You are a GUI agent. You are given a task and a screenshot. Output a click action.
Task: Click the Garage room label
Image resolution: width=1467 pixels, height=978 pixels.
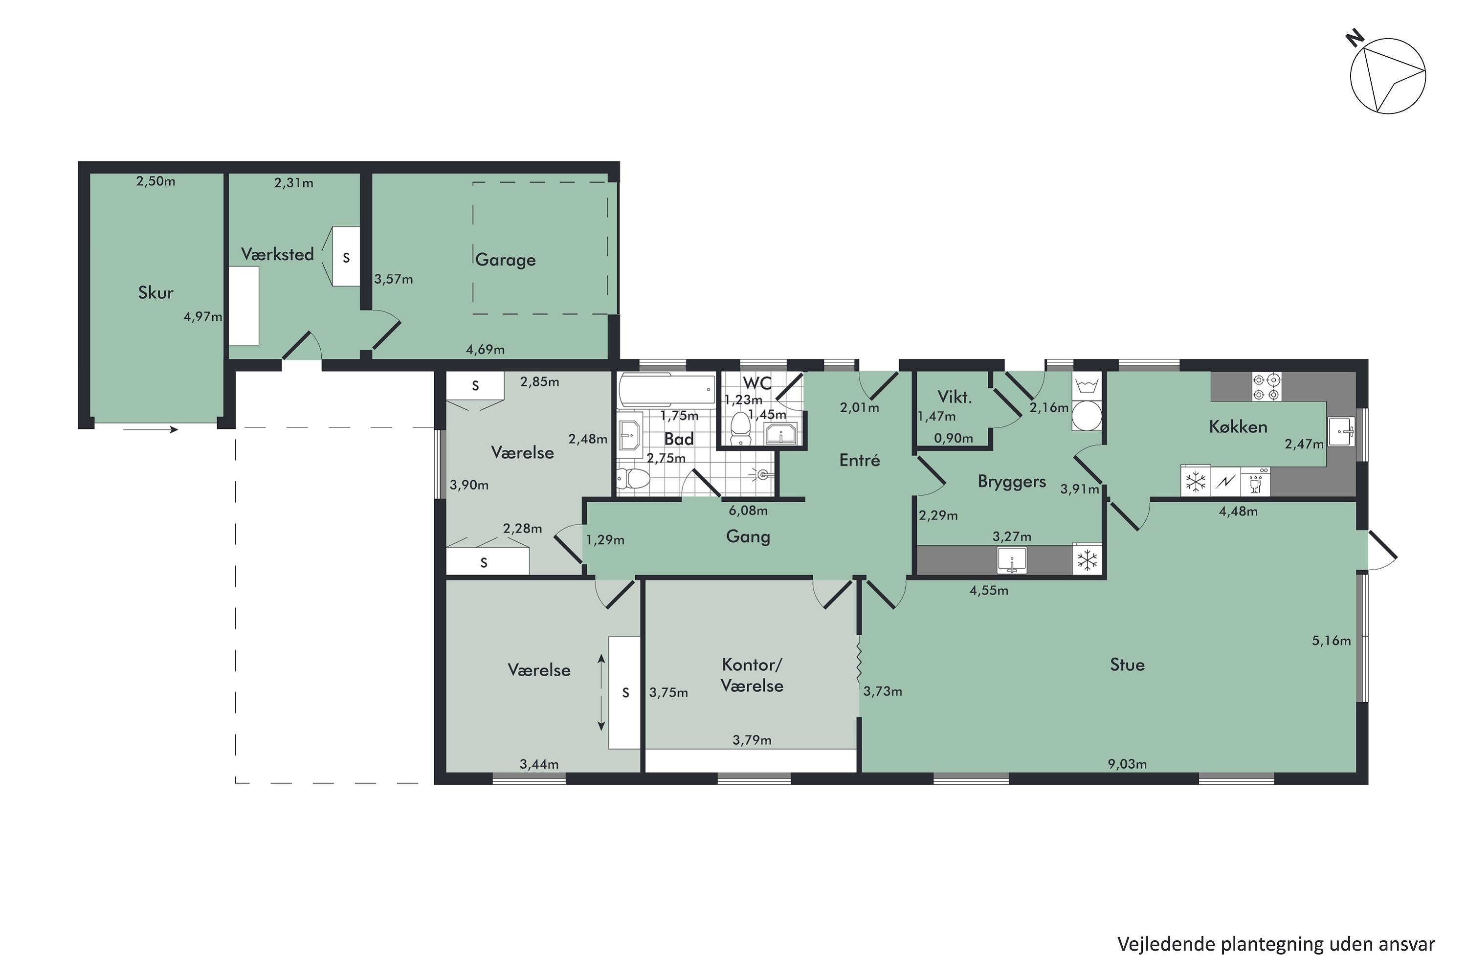coord(505,260)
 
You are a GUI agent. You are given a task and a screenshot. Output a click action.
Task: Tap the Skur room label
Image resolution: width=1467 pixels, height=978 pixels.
coord(156,292)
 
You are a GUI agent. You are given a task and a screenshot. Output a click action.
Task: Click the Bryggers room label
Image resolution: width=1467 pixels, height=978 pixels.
coord(1012,482)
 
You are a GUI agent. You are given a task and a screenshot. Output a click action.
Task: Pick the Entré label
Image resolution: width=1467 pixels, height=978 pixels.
coord(860,460)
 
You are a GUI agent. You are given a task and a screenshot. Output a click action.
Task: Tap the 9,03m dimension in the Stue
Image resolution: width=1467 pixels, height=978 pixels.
coord(1127,763)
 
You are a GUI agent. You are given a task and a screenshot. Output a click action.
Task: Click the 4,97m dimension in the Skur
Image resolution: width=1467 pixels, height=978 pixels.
coord(203,316)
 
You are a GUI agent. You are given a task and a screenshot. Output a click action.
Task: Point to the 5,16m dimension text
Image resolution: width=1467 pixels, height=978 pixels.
coord(1331,641)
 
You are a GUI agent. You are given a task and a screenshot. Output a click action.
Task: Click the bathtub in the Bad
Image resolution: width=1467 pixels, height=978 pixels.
coord(667,390)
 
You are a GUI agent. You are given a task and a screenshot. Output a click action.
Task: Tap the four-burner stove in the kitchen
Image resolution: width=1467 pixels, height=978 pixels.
coord(1267,386)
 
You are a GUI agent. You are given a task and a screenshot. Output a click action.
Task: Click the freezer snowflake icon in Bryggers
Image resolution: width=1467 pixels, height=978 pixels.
coord(1087,559)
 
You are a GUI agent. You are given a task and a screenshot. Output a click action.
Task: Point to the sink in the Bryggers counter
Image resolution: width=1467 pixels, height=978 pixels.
coord(1012,560)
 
